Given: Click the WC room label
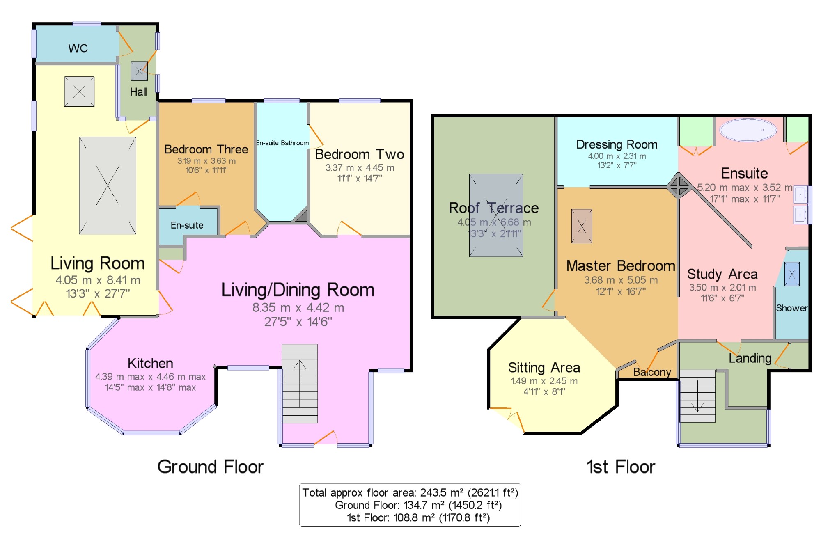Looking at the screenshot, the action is click(78, 48).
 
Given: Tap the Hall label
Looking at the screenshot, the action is click(138, 92).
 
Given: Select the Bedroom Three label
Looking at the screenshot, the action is click(206, 149).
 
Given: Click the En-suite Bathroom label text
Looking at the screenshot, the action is click(282, 143).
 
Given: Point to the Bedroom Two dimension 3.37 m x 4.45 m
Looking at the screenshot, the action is click(360, 168).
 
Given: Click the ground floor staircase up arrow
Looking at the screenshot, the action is click(300, 383).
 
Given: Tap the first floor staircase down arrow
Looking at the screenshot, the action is click(697, 396).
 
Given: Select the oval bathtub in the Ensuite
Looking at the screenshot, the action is click(748, 130).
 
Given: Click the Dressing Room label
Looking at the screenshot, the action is click(617, 144).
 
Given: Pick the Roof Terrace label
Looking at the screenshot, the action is click(494, 208).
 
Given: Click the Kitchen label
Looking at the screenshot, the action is click(150, 363).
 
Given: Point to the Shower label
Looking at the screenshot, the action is click(791, 308).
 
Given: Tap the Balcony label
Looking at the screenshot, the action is click(652, 372).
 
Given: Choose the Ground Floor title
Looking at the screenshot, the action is click(211, 467).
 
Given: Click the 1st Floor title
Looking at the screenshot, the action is click(621, 467).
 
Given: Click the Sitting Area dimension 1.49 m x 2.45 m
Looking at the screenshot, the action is click(544, 381).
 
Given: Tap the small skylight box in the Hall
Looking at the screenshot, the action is click(139, 71).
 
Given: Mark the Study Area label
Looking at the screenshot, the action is click(722, 274).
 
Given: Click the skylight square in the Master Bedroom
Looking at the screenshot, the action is click(582, 226).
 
